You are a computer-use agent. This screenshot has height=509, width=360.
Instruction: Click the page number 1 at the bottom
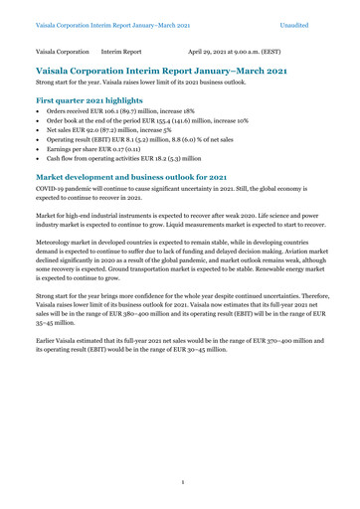179,483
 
